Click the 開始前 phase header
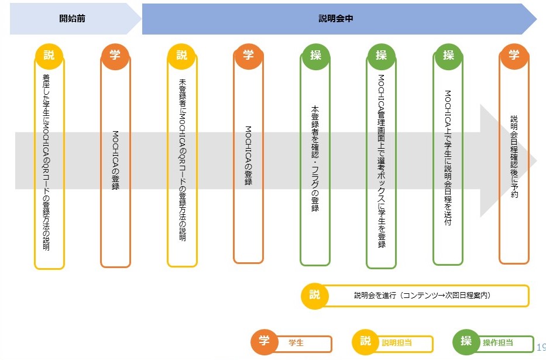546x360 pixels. tap(73, 18)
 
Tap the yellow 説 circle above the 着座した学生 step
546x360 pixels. tap(49, 56)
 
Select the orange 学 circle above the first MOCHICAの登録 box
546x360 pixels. tap(115, 56)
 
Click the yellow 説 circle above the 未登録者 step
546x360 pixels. tap(182, 56)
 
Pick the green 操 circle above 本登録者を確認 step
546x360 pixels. tap(315, 56)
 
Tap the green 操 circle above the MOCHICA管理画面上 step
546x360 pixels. tap(382, 56)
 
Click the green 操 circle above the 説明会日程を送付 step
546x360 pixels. tap(448, 56)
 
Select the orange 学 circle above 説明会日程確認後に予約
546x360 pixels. tap(514, 56)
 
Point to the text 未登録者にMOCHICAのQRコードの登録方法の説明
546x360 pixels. tap(182, 161)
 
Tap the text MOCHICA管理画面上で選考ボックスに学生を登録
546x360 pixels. tap(381, 161)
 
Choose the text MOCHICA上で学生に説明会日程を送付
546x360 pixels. tap(448, 158)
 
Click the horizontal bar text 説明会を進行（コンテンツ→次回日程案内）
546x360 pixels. tap(422, 296)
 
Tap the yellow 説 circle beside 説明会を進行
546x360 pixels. tap(315, 295)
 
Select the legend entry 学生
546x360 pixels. tap(296, 343)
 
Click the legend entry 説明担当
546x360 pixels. tap(397, 343)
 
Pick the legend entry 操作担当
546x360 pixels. tap(498, 342)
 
